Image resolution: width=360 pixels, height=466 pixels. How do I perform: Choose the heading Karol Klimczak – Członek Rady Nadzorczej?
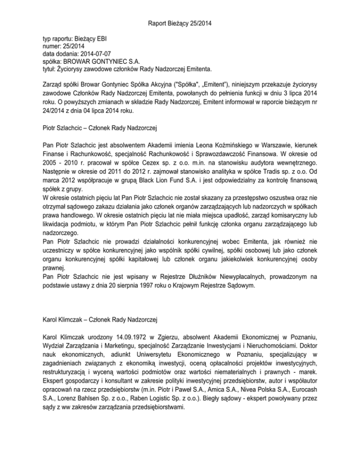coord(100,320)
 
